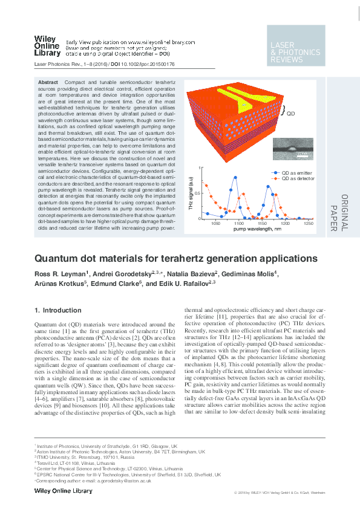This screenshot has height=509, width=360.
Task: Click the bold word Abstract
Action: pyautogui.click(x=48, y=82)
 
